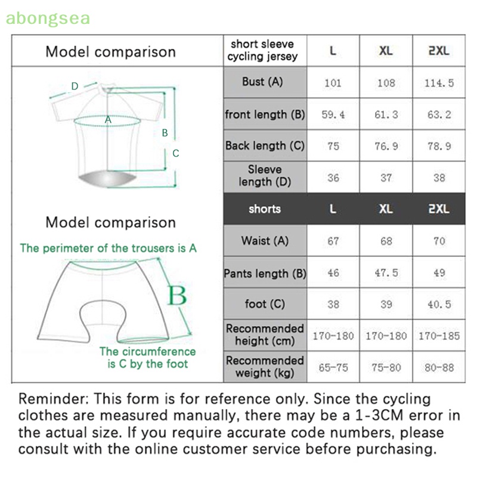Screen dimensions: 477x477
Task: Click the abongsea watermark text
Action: click(48, 18)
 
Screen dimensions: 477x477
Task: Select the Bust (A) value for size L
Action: click(333, 82)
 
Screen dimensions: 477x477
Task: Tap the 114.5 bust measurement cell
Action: click(439, 82)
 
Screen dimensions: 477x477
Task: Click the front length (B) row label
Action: click(265, 114)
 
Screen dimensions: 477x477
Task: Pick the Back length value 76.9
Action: click(386, 146)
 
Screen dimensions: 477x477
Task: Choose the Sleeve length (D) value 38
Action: click(439, 177)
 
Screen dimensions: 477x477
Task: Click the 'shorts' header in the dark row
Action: click(265, 209)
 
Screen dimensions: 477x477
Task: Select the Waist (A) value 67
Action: click(333, 241)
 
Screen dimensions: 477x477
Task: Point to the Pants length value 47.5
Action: click(386, 273)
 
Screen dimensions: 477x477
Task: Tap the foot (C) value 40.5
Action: click(439, 304)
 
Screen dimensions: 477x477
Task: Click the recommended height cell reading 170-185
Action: click(439, 336)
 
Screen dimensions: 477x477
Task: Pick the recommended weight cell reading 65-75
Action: click(333, 367)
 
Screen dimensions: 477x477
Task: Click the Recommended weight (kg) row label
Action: click(265, 367)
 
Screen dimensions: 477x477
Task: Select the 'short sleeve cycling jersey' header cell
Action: click(265, 51)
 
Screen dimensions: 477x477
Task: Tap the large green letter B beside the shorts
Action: click(176, 295)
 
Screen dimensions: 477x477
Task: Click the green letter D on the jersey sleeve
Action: click(75, 86)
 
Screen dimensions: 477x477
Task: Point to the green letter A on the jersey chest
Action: click(108, 119)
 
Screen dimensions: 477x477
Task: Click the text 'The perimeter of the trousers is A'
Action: click(108, 247)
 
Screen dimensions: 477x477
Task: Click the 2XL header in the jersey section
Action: click(439, 51)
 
